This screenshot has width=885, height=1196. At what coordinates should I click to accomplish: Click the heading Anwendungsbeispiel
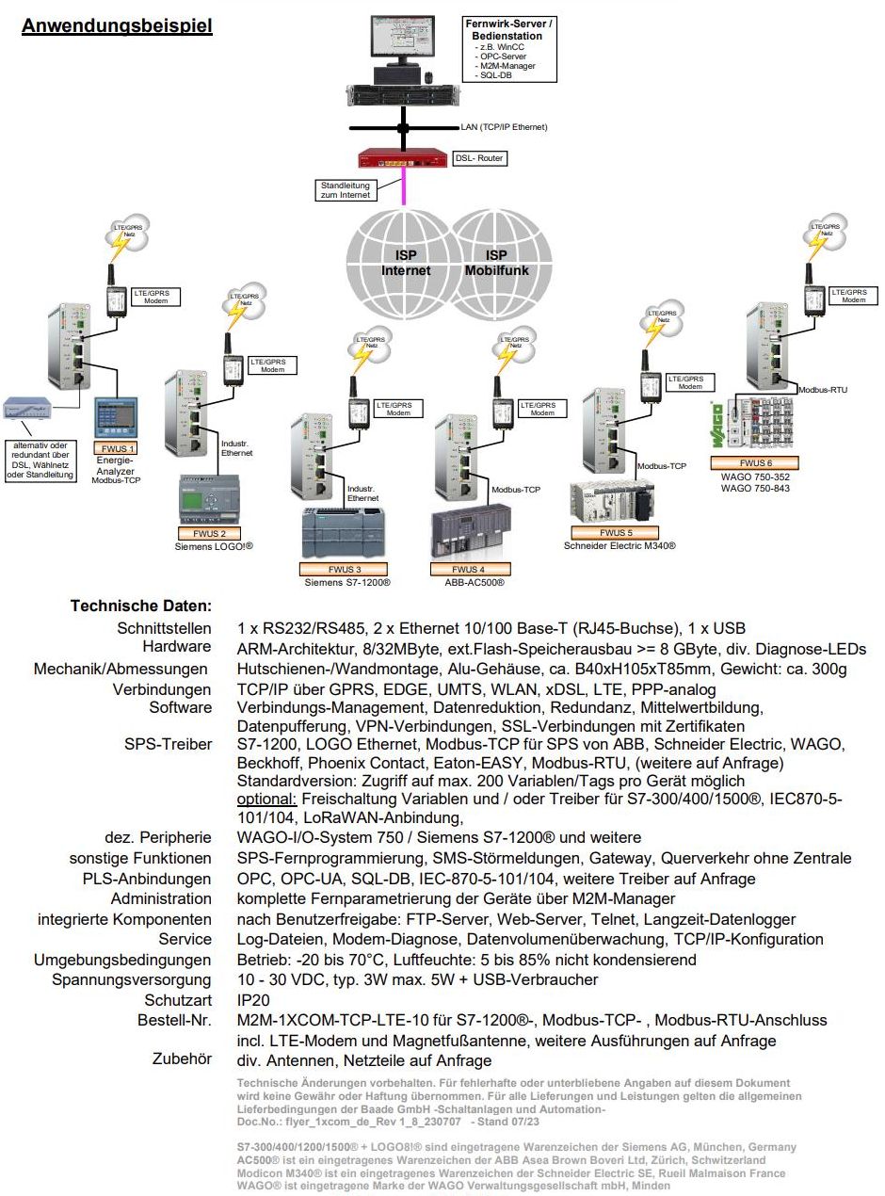point(117,25)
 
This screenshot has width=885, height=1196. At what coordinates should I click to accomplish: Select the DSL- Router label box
point(478,158)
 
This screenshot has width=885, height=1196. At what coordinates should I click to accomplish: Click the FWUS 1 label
point(117,449)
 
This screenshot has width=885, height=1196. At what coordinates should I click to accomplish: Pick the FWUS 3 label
point(344,569)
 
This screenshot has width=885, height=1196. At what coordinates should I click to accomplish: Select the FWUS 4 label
point(470,569)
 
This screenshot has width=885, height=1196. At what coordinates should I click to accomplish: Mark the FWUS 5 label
point(617,533)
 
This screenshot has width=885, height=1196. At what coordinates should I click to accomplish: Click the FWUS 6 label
point(754,462)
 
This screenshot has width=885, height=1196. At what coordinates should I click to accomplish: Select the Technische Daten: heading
point(141,606)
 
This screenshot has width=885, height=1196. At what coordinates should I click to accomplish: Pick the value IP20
point(251,999)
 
